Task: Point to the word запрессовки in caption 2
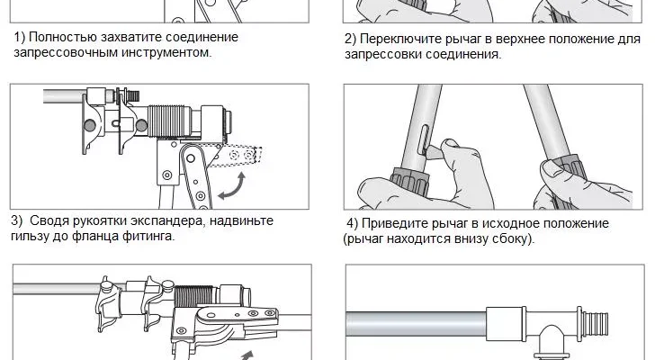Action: (x=380, y=55)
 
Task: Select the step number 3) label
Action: (x=17, y=220)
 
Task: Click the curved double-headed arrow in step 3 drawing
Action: (x=232, y=186)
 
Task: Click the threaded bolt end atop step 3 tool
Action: (x=133, y=95)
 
